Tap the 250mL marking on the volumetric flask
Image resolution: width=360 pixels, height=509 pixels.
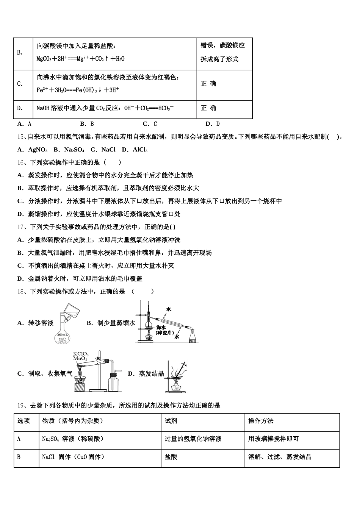[x=63, y=335]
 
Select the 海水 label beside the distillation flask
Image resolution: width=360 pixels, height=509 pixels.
[x=161, y=328]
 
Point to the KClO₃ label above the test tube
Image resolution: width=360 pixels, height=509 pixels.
[x=81, y=354]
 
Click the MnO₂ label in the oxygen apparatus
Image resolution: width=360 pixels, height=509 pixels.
[x=80, y=359]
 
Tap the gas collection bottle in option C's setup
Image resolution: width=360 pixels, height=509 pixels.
[x=113, y=383]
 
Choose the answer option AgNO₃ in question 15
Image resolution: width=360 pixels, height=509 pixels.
[x=38, y=150]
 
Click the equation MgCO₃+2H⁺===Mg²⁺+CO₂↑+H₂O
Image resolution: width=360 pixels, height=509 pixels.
[x=80, y=59]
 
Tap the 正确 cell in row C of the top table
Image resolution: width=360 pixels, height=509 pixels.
[x=208, y=84]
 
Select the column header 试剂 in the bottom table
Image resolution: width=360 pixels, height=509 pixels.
[x=171, y=421]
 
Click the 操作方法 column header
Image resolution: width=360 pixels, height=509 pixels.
[x=261, y=421]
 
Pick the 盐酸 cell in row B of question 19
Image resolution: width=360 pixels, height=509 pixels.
[x=171, y=457]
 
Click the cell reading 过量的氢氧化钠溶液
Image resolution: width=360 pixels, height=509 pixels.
[x=193, y=439]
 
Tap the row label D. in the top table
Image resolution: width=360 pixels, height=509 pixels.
[x=20, y=108]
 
